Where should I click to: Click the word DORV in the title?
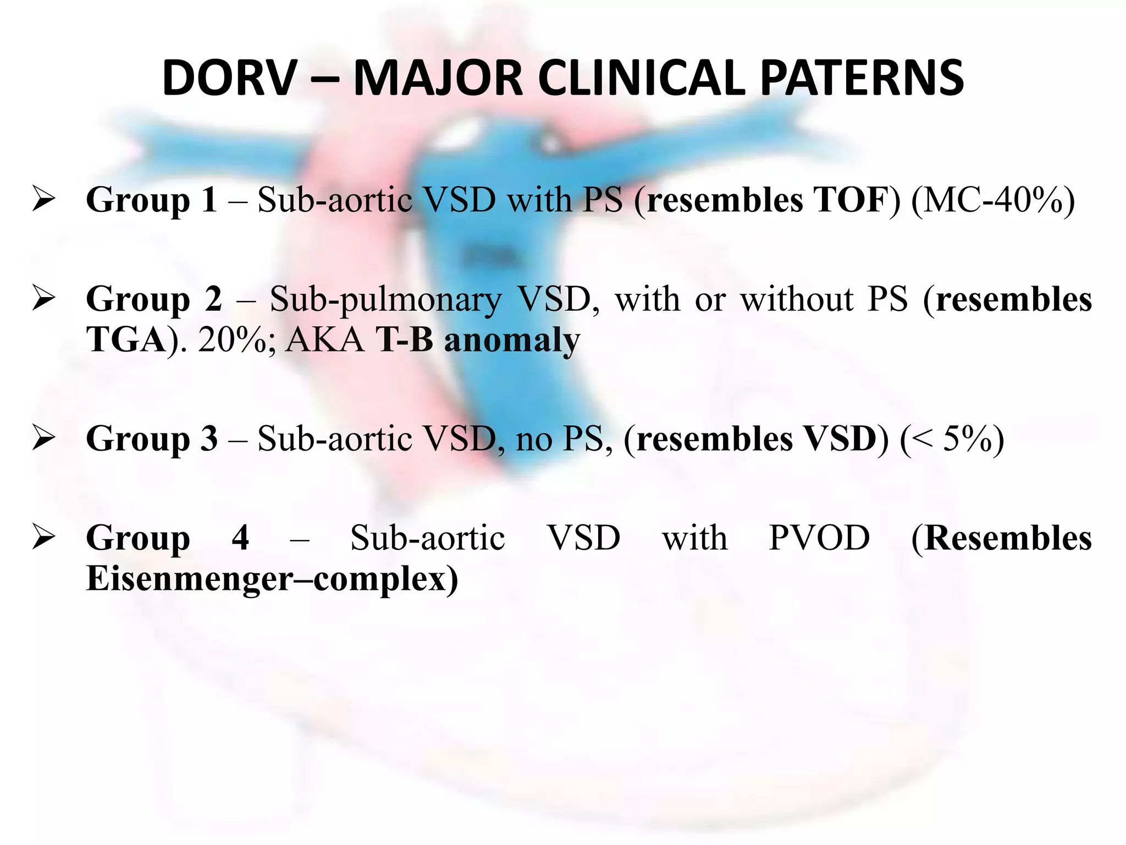click(x=229, y=79)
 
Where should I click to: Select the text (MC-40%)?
click(x=992, y=199)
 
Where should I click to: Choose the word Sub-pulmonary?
click(x=385, y=300)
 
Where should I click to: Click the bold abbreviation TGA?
click(x=126, y=340)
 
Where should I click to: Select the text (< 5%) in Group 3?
click(x=952, y=438)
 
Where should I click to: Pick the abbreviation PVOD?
click(x=819, y=537)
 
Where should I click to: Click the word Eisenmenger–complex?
click(x=272, y=579)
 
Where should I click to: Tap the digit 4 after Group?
click(x=240, y=537)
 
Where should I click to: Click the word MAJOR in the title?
click(x=438, y=79)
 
